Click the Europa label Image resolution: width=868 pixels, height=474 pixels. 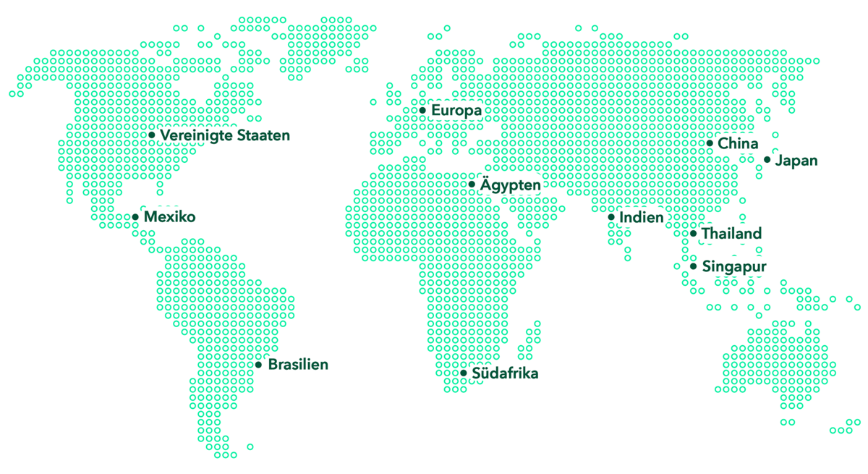(x=456, y=111)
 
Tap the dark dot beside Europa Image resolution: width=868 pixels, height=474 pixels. (x=422, y=110)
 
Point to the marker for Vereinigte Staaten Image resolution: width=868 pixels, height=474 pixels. (x=152, y=135)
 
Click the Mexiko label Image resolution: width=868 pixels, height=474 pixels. (x=169, y=217)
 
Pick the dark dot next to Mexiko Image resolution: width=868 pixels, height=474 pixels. (x=135, y=217)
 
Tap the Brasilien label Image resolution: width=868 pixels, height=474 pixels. (x=298, y=365)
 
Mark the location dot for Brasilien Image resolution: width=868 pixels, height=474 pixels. (x=258, y=365)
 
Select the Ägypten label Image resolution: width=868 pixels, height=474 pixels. (x=510, y=185)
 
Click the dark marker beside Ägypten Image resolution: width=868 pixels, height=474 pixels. (x=472, y=185)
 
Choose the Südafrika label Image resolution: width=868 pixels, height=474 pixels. (x=505, y=374)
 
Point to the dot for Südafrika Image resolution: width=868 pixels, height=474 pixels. (x=464, y=373)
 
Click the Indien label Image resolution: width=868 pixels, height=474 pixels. (x=642, y=217)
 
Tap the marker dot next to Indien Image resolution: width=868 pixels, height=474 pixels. (x=611, y=217)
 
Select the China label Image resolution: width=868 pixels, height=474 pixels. (x=738, y=144)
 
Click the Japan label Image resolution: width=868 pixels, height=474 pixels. (x=796, y=161)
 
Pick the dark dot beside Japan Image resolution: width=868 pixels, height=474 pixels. (x=767, y=160)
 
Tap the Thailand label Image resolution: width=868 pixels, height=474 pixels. (x=731, y=234)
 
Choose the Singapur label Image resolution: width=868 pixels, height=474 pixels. (x=734, y=267)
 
